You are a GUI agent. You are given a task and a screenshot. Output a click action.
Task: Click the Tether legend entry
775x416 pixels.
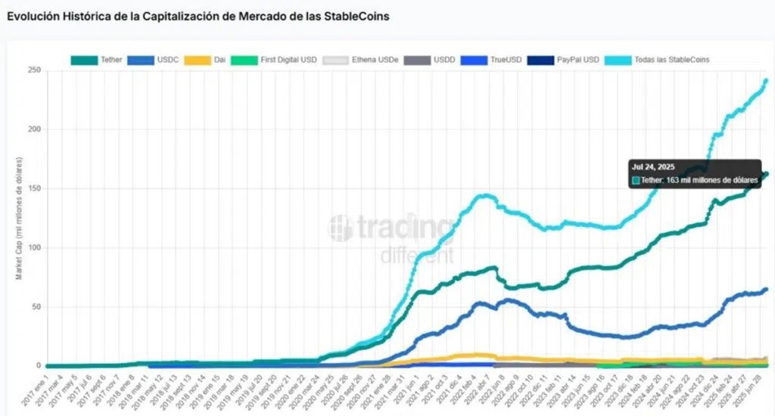click(x=100, y=60)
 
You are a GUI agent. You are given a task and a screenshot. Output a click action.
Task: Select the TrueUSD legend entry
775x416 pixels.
click(x=484, y=60)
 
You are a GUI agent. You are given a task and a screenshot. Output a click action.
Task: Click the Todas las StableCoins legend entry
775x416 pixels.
click(x=659, y=60)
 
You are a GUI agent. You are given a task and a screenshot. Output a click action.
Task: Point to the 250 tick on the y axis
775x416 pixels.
click(x=34, y=71)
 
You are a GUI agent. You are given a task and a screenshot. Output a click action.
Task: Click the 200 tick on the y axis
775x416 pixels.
click(x=34, y=129)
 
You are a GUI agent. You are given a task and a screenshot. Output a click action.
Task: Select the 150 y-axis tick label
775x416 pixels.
click(x=34, y=188)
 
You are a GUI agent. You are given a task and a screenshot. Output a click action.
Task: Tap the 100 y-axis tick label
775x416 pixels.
click(x=34, y=247)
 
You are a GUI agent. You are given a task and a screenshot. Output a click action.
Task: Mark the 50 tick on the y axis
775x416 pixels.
click(x=36, y=306)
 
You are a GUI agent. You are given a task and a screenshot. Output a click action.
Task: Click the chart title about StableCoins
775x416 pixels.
click(x=198, y=16)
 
